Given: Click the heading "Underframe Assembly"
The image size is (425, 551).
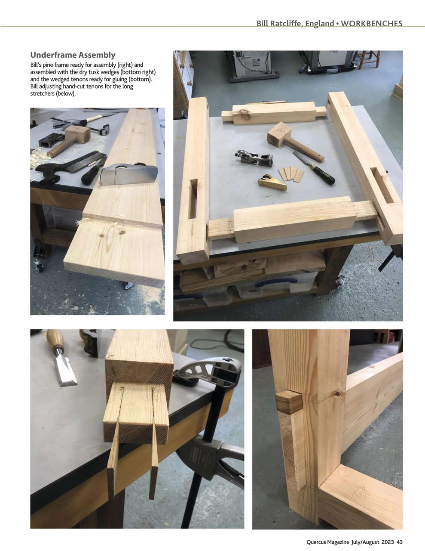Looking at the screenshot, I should tap(73, 55).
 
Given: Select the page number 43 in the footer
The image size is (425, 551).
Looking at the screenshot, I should tap(400, 542).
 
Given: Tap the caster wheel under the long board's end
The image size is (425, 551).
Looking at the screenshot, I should tap(128, 285).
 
